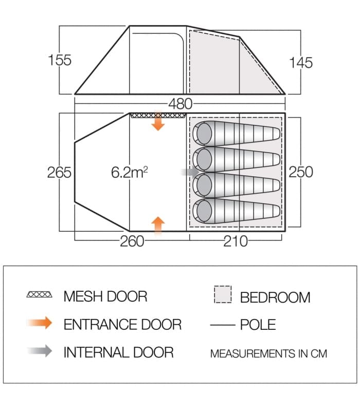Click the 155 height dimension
(x=60, y=60)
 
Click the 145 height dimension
(x=301, y=63)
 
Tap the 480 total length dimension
(x=180, y=104)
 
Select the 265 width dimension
(x=59, y=172)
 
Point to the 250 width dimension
(x=301, y=172)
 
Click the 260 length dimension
(x=132, y=241)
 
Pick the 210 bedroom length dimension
(x=236, y=241)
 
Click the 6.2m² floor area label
(x=129, y=172)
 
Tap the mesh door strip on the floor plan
(x=157, y=116)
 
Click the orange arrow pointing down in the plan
(x=158, y=123)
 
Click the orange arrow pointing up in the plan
(x=158, y=224)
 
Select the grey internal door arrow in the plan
(x=188, y=172)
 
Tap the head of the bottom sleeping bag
(x=203, y=211)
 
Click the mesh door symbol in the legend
(x=40, y=295)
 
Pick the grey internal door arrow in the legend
(x=40, y=352)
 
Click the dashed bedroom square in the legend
(x=223, y=295)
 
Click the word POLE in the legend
(x=258, y=325)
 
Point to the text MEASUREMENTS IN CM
(x=268, y=353)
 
